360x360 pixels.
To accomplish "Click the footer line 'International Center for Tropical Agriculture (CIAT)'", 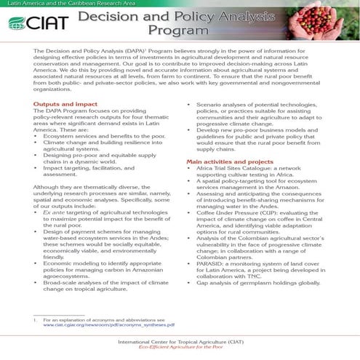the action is tap(179, 340).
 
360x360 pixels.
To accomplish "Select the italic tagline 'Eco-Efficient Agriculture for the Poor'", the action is tap(179, 348).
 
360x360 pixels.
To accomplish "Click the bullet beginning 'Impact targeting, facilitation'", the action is tap(95, 191).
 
